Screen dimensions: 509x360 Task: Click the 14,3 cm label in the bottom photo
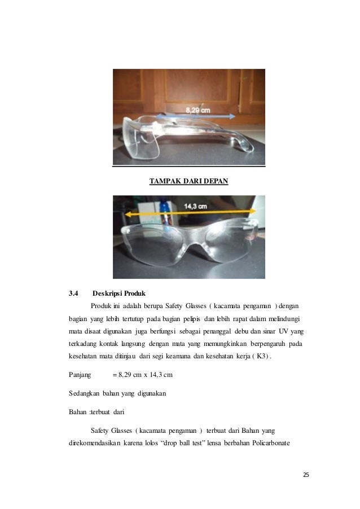pyautogui.click(x=196, y=207)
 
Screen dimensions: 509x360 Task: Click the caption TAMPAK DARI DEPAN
pyautogui.click(x=188, y=181)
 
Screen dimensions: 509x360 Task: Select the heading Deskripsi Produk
pyautogui.click(x=119, y=293)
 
